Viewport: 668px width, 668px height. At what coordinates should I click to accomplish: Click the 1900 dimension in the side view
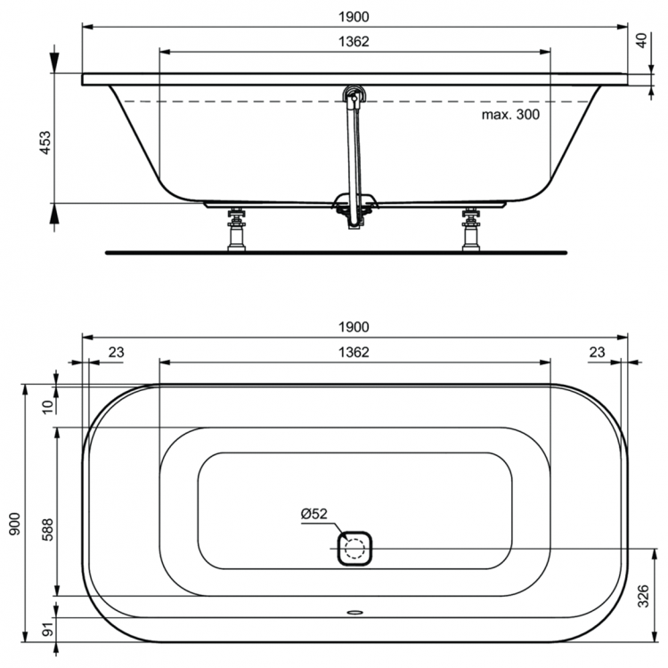(354, 16)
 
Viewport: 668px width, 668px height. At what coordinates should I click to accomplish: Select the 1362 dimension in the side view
(354, 41)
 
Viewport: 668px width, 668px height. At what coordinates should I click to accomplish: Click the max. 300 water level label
(510, 114)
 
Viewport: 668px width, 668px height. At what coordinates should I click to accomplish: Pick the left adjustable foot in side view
(236, 230)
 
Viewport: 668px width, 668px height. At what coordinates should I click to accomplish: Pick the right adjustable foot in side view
(471, 230)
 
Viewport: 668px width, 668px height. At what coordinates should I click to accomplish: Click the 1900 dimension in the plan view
(354, 327)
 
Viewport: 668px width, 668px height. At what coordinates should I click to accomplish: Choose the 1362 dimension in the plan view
(354, 352)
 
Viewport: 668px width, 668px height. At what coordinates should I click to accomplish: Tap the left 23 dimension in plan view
(116, 353)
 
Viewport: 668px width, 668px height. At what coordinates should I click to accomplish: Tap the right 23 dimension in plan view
(598, 353)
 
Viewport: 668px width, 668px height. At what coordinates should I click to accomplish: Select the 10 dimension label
(47, 405)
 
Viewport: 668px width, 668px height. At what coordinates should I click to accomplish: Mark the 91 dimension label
(47, 633)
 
